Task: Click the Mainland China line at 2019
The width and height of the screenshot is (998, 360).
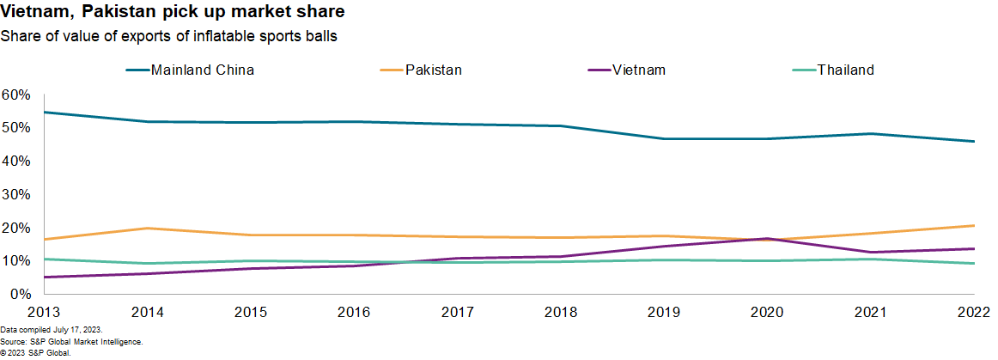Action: (x=666, y=139)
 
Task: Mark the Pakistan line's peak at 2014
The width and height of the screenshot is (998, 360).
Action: (x=148, y=228)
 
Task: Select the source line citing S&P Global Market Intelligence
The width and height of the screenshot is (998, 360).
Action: (x=59, y=341)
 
